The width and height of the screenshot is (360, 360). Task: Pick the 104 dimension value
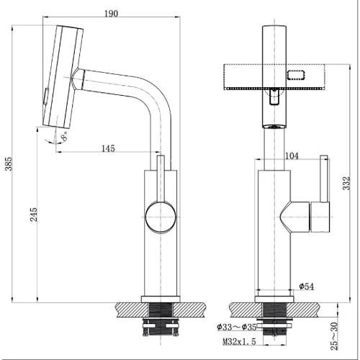pyautogui.click(x=292, y=155)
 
